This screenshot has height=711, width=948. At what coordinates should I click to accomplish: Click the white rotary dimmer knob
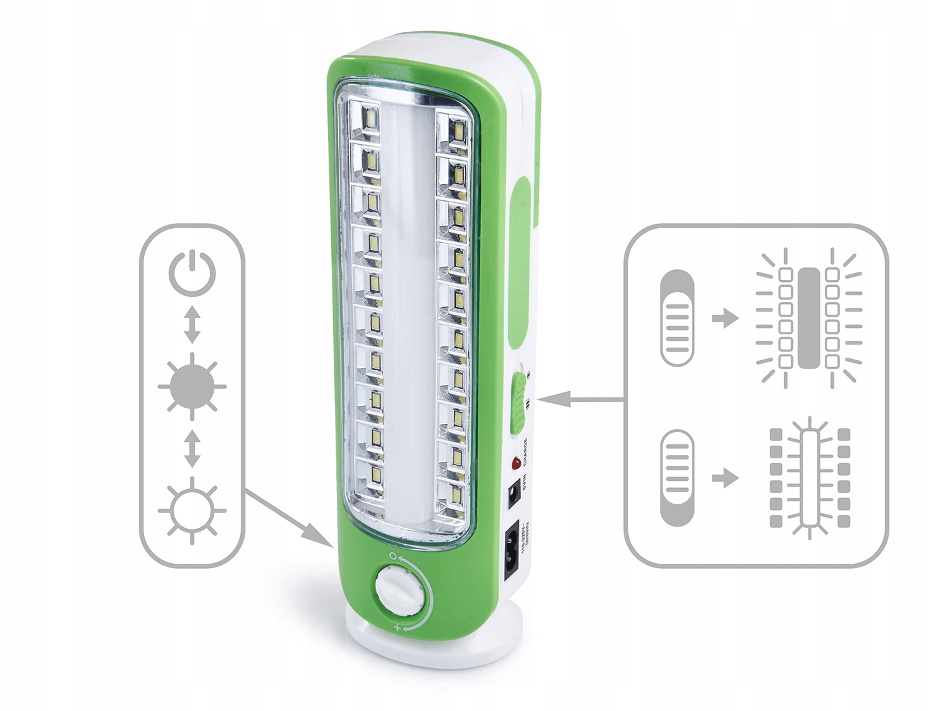(x=399, y=590)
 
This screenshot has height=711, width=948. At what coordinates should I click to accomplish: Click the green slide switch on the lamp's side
(x=519, y=403)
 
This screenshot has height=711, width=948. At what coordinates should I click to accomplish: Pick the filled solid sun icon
(x=192, y=385)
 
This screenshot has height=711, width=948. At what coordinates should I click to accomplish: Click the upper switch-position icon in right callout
(x=677, y=318)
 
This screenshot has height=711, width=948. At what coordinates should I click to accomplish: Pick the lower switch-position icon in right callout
(x=677, y=478)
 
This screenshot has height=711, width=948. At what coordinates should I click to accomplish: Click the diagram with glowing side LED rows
(x=809, y=318)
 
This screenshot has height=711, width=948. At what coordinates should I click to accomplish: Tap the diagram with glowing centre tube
(x=810, y=478)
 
